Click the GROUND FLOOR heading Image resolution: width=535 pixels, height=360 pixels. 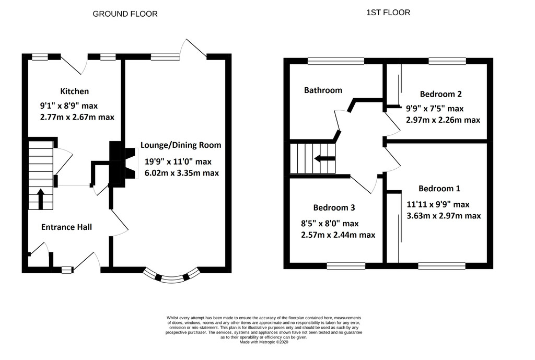pyautogui.click(x=125, y=14)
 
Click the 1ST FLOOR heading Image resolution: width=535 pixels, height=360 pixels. pyautogui.click(x=388, y=13)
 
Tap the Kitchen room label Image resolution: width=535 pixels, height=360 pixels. pyautogui.click(x=74, y=91)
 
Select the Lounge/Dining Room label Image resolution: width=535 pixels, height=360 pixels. pyautogui.click(x=181, y=145)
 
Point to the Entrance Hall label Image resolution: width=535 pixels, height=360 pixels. pyautogui.click(x=66, y=227)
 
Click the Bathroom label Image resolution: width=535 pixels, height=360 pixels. pyautogui.click(x=323, y=90)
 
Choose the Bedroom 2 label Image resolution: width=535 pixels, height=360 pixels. pyautogui.click(x=441, y=94)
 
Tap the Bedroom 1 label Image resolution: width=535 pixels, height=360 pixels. pyautogui.click(x=439, y=189)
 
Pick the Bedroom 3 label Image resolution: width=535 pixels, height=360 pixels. pyautogui.click(x=334, y=207)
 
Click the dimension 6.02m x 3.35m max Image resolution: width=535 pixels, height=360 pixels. pyautogui.click(x=182, y=173)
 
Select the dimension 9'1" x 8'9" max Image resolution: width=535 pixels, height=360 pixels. pyautogui.click(x=69, y=106)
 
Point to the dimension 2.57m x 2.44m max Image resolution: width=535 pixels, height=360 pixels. pyautogui.click(x=338, y=235)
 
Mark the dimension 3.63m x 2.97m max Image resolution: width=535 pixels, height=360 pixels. pyautogui.click(x=444, y=216)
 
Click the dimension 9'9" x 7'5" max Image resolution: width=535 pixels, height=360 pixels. pyautogui.click(x=435, y=109)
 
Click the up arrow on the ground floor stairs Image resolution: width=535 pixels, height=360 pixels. pyautogui.click(x=40, y=199)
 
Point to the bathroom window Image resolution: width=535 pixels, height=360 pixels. pyautogui.click(x=336, y=61)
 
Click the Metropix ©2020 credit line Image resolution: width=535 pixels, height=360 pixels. pyautogui.click(x=264, y=342)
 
